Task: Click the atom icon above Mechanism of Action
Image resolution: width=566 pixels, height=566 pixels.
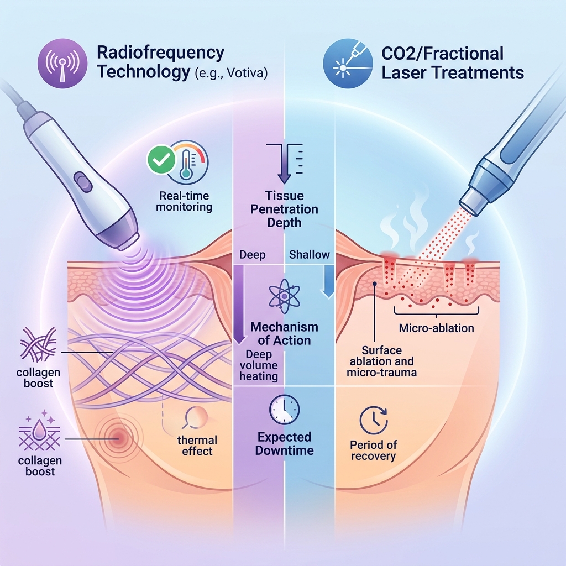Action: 284,297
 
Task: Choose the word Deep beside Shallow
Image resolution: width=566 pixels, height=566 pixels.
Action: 253,255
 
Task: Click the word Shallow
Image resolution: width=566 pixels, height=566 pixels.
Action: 310,255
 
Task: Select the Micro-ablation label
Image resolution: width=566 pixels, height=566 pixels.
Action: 436,328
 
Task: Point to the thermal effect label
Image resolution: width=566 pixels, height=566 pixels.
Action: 197,446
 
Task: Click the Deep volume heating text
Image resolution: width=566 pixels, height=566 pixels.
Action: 259,365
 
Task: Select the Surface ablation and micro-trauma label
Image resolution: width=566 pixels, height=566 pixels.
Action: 381,361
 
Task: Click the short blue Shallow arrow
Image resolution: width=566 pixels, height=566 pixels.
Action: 327,279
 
